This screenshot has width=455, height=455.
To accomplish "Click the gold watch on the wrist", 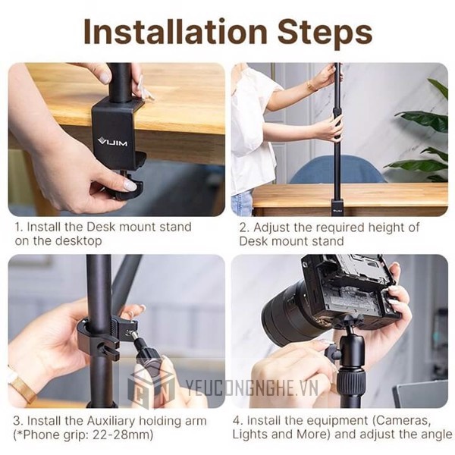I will [x=20, y=388].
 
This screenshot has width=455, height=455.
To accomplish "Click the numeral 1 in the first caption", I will [x=16, y=227].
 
